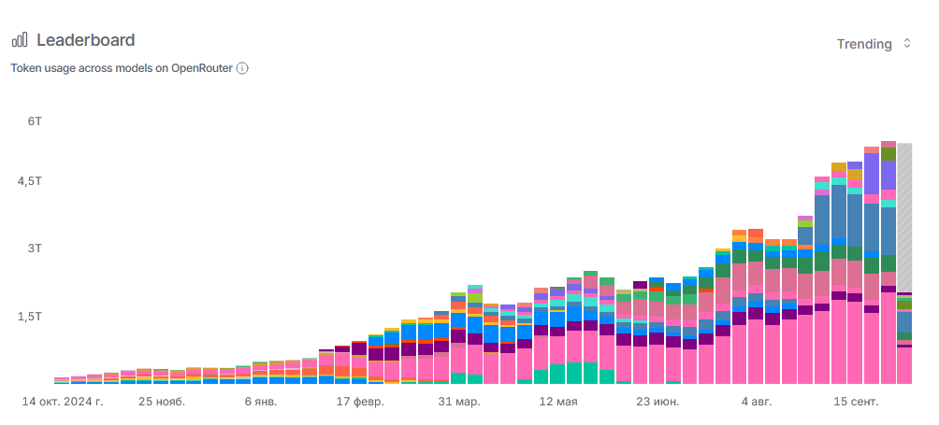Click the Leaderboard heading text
(x=85, y=40)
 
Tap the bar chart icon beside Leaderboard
(x=20, y=40)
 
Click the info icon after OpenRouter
(x=242, y=68)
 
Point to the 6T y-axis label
(x=35, y=121)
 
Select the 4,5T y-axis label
(x=30, y=182)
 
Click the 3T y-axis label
(x=35, y=249)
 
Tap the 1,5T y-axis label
(x=30, y=318)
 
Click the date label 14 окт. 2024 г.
(x=63, y=402)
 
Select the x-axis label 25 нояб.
(x=162, y=402)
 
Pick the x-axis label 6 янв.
(x=261, y=402)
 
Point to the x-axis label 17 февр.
(x=360, y=402)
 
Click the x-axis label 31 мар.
(x=459, y=402)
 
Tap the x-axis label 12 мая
(x=558, y=402)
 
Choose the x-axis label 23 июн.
(x=657, y=402)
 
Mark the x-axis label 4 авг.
(x=757, y=402)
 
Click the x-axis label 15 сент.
(x=857, y=402)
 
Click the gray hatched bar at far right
(x=904, y=215)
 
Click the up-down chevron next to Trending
(x=906, y=44)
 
